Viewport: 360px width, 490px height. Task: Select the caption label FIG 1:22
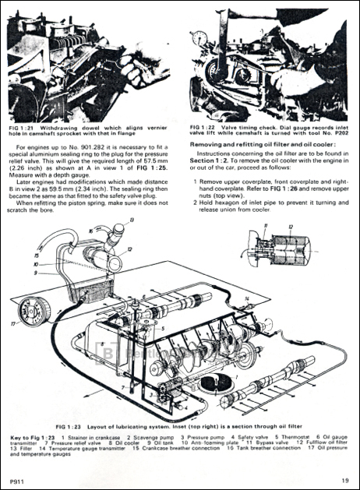click(x=205, y=125)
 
